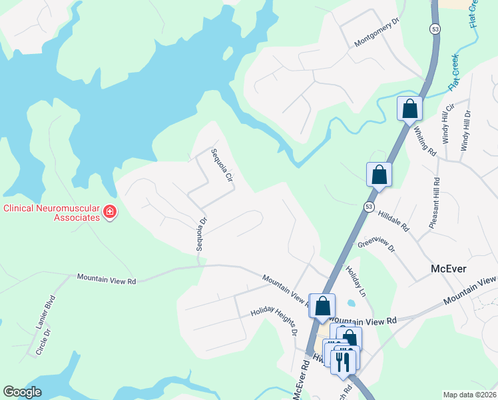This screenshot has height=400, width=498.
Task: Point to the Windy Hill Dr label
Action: point(465,131)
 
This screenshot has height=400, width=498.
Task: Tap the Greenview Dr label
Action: point(376,245)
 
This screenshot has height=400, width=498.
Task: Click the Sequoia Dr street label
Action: point(201,233)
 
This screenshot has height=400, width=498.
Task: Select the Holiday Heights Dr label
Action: point(273,321)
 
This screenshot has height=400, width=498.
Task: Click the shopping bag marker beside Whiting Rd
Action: point(409,108)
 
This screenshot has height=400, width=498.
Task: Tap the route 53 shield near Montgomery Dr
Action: point(435,29)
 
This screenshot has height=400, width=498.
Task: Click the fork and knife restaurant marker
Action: point(344,361)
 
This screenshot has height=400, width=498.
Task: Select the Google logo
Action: point(23,392)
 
